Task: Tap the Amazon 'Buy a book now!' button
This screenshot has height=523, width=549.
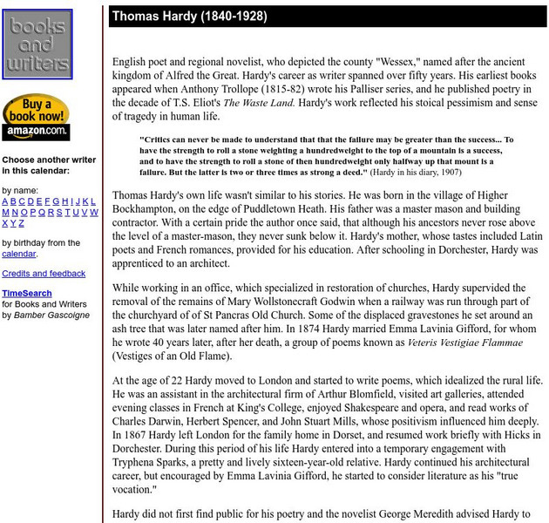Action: coord(36,117)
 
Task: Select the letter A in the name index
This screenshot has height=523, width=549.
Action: coord(5,201)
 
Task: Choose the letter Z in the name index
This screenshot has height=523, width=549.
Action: coord(24,224)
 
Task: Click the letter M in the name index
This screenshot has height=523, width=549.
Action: coord(5,213)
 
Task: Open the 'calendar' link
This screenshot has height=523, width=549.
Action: coord(18,254)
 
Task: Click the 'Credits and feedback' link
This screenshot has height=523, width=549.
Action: coord(44,274)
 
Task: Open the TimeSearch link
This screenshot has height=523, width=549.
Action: coord(26,294)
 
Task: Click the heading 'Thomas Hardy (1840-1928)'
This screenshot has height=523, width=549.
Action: coord(189,17)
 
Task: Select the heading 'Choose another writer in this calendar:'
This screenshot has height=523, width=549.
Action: coord(49,166)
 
